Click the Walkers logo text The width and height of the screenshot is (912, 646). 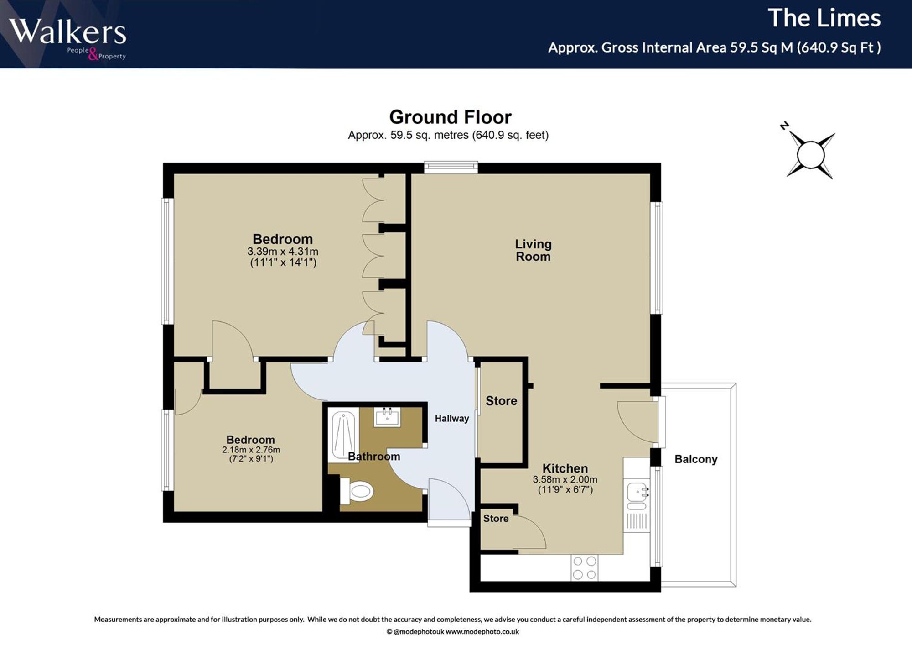tap(67, 32)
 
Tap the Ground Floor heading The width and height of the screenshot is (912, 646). tap(450, 117)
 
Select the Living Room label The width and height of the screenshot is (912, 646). tap(533, 250)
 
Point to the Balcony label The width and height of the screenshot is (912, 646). tap(696, 459)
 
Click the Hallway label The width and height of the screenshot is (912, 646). tap(451, 419)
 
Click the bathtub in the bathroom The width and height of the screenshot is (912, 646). tap(343, 436)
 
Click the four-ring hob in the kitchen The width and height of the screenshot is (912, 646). tap(585, 568)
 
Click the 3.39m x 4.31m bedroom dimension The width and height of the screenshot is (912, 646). tap(283, 252)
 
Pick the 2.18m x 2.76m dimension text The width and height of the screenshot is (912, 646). tap(251, 450)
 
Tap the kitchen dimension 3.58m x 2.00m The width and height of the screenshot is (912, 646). tap(565, 480)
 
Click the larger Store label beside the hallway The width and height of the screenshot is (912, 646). tap(501, 401)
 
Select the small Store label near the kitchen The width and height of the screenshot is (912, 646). tap(496, 519)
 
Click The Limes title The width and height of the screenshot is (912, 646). tap(824, 18)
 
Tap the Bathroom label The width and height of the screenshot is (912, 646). tap(374, 457)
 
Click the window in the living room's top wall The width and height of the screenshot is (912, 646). tap(451, 167)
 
